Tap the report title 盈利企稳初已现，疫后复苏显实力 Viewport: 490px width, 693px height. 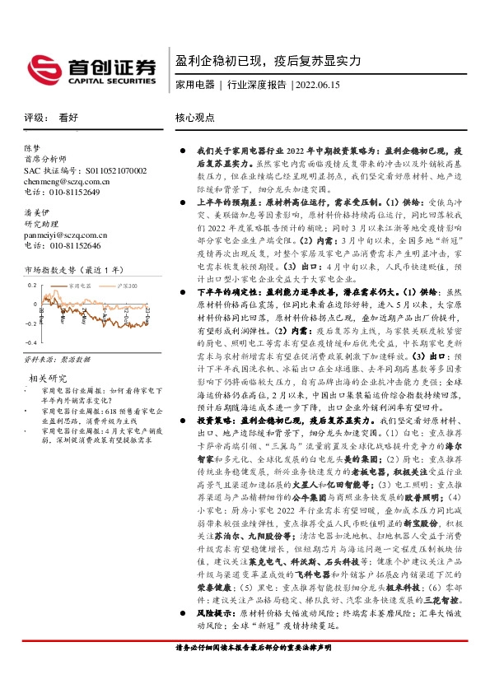pos(268,62)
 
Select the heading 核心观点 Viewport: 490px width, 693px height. pos(194,118)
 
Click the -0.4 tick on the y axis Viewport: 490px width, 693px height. pos(32,341)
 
